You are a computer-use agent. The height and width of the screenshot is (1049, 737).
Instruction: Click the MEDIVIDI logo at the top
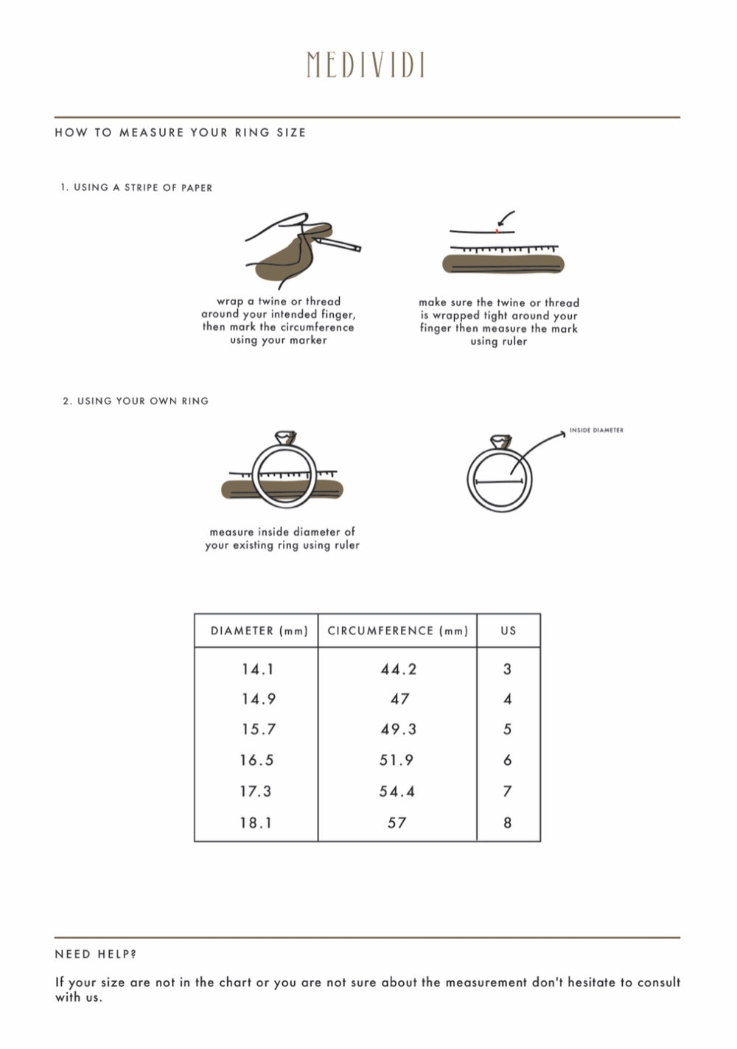366,65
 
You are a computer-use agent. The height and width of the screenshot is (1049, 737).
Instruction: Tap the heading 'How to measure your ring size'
180,133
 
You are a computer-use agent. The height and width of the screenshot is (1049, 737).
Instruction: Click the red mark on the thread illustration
497,231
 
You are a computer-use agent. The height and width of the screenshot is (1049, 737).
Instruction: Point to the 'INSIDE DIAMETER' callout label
596,430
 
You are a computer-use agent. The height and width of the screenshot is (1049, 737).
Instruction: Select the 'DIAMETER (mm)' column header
259,631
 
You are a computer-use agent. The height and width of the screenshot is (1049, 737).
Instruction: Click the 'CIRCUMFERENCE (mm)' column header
398,631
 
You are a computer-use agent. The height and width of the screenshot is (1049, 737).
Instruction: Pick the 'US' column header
509,631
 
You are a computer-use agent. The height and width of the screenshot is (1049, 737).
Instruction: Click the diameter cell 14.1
257,669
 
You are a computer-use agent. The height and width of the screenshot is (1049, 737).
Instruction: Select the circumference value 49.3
398,729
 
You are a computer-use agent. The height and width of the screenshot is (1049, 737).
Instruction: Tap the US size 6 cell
508,760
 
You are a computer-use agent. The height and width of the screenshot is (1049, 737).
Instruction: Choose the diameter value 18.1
256,823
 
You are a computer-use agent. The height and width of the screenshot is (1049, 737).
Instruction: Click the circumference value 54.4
397,792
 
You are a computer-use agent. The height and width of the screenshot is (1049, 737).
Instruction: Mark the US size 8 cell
508,823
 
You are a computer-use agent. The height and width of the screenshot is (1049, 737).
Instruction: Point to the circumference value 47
399,699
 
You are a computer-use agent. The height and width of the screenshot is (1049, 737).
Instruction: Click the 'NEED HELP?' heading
96,954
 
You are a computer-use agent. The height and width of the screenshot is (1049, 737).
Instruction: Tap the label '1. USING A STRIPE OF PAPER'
136,187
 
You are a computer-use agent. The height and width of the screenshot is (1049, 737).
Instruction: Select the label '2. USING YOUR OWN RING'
136,401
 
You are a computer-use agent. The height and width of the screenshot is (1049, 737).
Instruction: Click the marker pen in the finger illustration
337,244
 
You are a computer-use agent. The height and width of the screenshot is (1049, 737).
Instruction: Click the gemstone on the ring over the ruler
285,437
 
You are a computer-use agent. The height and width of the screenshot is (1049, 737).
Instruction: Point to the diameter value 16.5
256,760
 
